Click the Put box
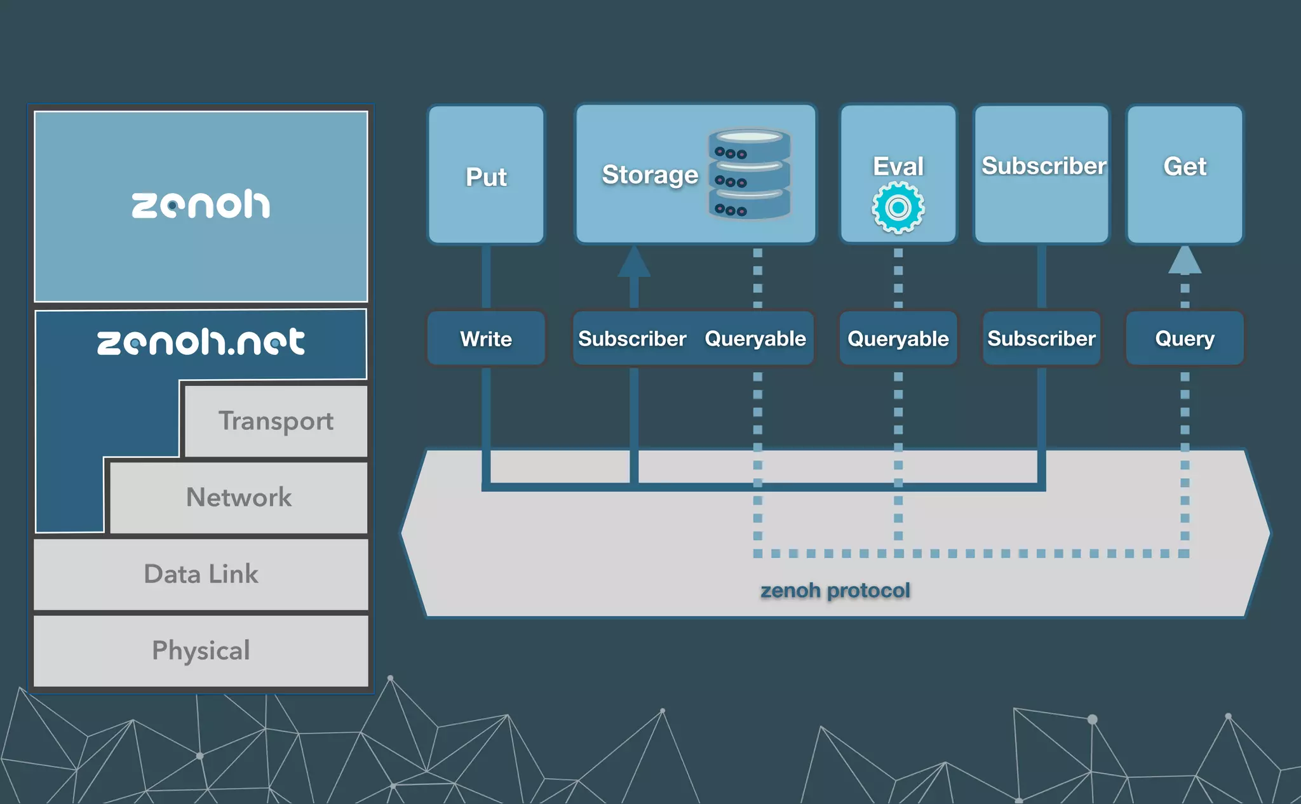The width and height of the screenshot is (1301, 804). click(x=486, y=175)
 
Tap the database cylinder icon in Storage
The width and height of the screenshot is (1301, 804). click(x=749, y=174)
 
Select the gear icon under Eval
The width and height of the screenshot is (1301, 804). click(x=898, y=208)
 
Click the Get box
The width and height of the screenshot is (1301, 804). click(x=1184, y=174)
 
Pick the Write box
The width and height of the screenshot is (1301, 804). click(x=486, y=338)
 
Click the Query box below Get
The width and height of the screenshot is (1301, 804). click(x=1184, y=338)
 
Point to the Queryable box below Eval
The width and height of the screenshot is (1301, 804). click(x=898, y=338)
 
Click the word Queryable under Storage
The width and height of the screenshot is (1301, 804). click(x=755, y=338)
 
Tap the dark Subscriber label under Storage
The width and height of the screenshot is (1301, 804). click(x=632, y=338)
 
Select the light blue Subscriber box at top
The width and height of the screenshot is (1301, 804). click(x=1042, y=174)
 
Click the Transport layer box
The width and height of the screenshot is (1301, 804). click(x=276, y=420)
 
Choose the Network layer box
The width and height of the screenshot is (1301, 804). click(x=239, y=497)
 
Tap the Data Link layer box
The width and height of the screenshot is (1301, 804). click(x=201, y=574)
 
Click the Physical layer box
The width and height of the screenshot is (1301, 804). click(x=201, y=650)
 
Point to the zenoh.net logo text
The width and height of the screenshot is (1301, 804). click(x=201, y=342)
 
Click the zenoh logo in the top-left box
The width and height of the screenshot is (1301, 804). click(x=201, y=204)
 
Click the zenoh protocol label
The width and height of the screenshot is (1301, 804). click(x=835, y=591)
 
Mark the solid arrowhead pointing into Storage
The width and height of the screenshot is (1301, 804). click(x=634, y=262)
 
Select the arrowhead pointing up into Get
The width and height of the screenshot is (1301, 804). click(x=1185, y=260)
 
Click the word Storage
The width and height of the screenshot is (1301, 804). click(x=649, y=175)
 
